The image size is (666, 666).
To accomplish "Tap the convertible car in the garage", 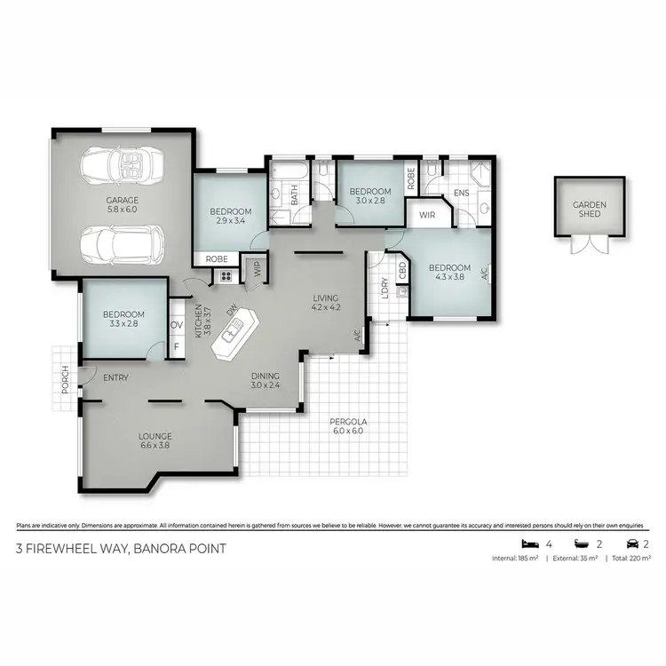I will pos(123,166).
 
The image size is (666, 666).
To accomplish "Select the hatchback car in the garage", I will pos(122,243).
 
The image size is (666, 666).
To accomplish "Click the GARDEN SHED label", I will pos(589,210).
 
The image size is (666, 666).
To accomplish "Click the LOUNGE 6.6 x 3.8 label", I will pos(155,441).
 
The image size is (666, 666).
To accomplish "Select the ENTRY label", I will pos(115,378).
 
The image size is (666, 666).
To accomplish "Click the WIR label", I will pos(426,214).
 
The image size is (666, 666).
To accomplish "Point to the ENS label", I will pos(461,193).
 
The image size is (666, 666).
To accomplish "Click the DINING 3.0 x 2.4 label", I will pos(265,380).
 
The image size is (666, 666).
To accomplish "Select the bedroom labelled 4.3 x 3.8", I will pos(449,273).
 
